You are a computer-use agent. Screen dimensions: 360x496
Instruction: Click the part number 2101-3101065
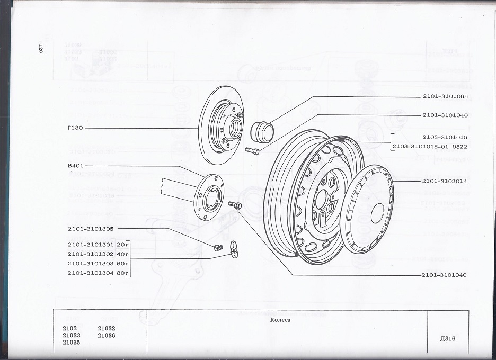tap(445, 96)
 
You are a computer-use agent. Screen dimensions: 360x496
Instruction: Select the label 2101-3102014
tap(445, 181)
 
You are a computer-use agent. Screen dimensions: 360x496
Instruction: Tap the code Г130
tap(75, 129)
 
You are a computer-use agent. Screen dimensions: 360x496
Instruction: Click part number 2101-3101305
tap(90, 229)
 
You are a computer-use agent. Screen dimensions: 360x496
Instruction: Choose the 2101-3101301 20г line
tap(99, 244)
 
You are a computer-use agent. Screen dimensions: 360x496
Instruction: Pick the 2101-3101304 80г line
tap(99, 273)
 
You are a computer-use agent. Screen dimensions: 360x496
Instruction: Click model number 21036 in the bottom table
tap(107, 335)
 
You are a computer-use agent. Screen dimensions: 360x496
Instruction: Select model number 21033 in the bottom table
tap(72, 335)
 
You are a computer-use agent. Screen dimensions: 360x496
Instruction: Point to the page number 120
tap(40, 49)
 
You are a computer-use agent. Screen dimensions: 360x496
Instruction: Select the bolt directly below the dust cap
tap(252, 152)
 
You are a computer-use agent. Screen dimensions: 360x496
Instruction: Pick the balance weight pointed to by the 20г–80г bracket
tap(234, 246)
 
